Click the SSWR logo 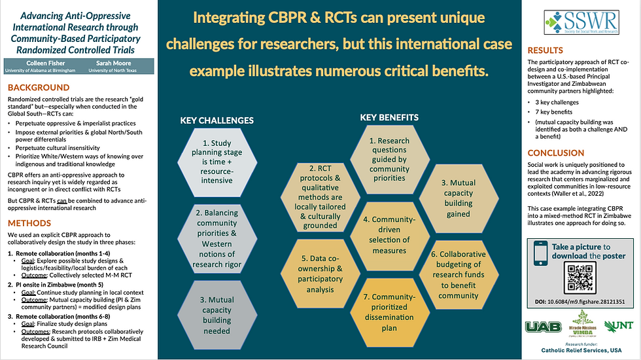pyautogui.click(x=583, y=22)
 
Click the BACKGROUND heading pyautogui.click(x=39, y=88)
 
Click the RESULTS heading pyautogui.click(x=546, y=50)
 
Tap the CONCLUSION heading pyautogui.click(x=557, y=153)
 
